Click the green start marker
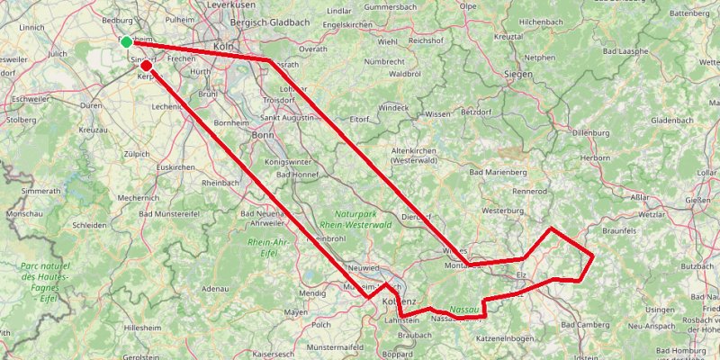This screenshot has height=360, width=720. (x=127, y=42)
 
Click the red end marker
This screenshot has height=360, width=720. (x=146, y=65)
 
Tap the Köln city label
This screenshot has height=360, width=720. (x=223, y=46)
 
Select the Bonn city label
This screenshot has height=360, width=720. (x=262, y=135)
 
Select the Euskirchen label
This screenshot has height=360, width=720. (x=175, y=168)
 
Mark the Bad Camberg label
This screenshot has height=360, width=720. (x=584, y=324)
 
